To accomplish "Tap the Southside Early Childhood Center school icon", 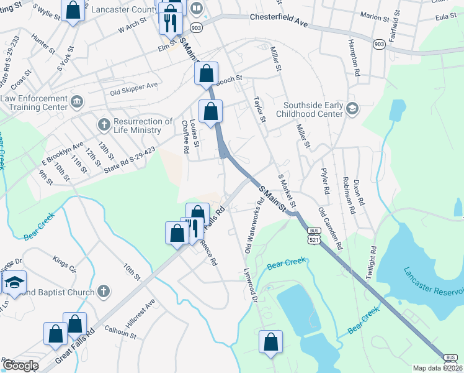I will click(x=352, y=109).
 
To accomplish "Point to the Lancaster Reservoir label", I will click(x=433, y=282).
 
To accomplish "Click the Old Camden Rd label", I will click(x=330, y=229).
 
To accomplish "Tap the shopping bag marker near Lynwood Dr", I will click(x=270, y=343).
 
